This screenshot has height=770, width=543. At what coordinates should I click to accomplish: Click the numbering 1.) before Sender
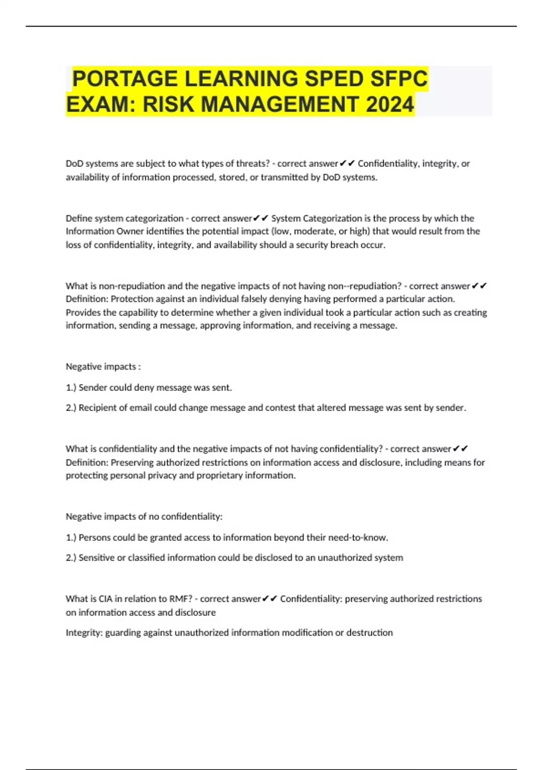pyautogui.click(x=71, y=388)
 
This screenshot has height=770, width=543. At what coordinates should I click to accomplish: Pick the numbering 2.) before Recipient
pyautogui.click(x=71, y=408)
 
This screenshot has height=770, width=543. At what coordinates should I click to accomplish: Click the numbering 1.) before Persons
pyautogui.click(x=71, y=538)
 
